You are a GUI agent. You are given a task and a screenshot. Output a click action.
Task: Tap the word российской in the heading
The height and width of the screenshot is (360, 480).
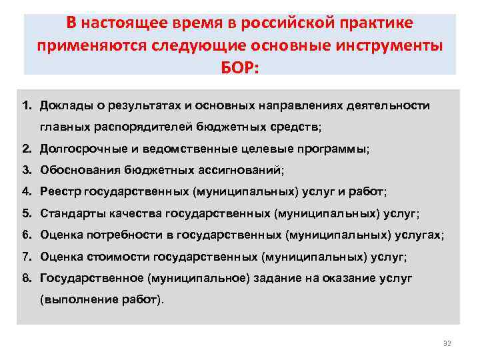coord(283,23)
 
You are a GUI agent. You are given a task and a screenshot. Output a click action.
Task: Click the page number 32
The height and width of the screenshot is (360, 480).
coord(447,343)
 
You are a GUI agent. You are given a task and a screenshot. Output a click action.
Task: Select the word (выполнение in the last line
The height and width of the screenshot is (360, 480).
coord(73,299)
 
